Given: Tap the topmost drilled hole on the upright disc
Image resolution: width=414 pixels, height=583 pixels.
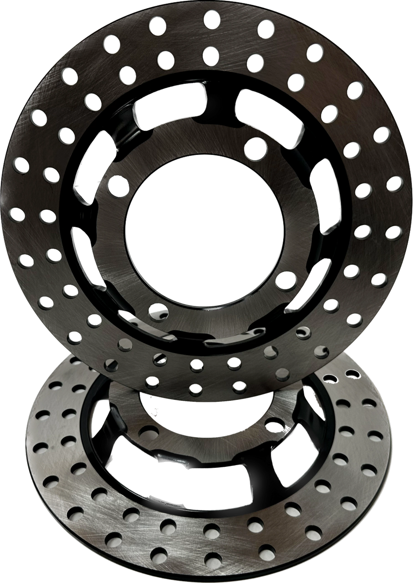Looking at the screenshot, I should coord(211,19).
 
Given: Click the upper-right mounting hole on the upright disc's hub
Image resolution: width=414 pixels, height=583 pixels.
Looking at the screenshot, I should coord(256,148).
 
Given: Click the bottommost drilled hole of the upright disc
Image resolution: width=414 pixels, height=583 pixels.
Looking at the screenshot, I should coord(195,388).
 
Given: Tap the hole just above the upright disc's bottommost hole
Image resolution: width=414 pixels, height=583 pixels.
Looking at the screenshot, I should coord(197,364).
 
